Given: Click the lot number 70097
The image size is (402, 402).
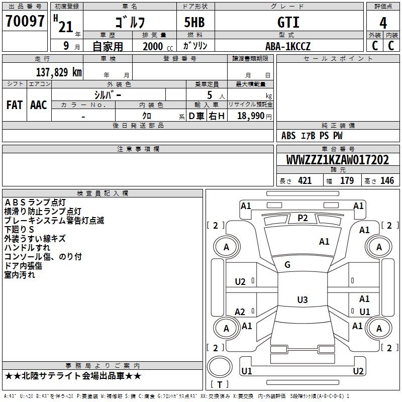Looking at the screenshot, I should click(25, 22).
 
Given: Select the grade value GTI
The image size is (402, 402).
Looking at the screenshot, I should click(288, 23).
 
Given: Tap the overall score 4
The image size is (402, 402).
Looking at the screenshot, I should click(383, 23).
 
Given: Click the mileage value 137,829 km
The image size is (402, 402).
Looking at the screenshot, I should click(59, 72).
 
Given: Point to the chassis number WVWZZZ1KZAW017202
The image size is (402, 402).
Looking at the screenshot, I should click(337, 160).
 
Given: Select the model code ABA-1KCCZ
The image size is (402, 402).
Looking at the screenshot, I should click(288, 46).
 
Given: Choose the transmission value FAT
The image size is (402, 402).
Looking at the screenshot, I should click(15, 105).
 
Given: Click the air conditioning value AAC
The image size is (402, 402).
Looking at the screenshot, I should click(39, 105).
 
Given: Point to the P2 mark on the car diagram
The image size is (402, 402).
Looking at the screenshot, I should click(303, 218).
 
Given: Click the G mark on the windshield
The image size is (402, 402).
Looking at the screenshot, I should click(287, 265).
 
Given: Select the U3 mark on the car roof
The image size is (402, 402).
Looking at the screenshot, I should click(302, 300).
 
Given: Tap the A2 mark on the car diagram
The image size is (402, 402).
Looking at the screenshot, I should click(240, 312).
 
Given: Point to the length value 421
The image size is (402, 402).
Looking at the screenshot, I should click(305, 181).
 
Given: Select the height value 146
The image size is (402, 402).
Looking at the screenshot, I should click(387, 181).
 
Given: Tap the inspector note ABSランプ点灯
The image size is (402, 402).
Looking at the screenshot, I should click(35, 203).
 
